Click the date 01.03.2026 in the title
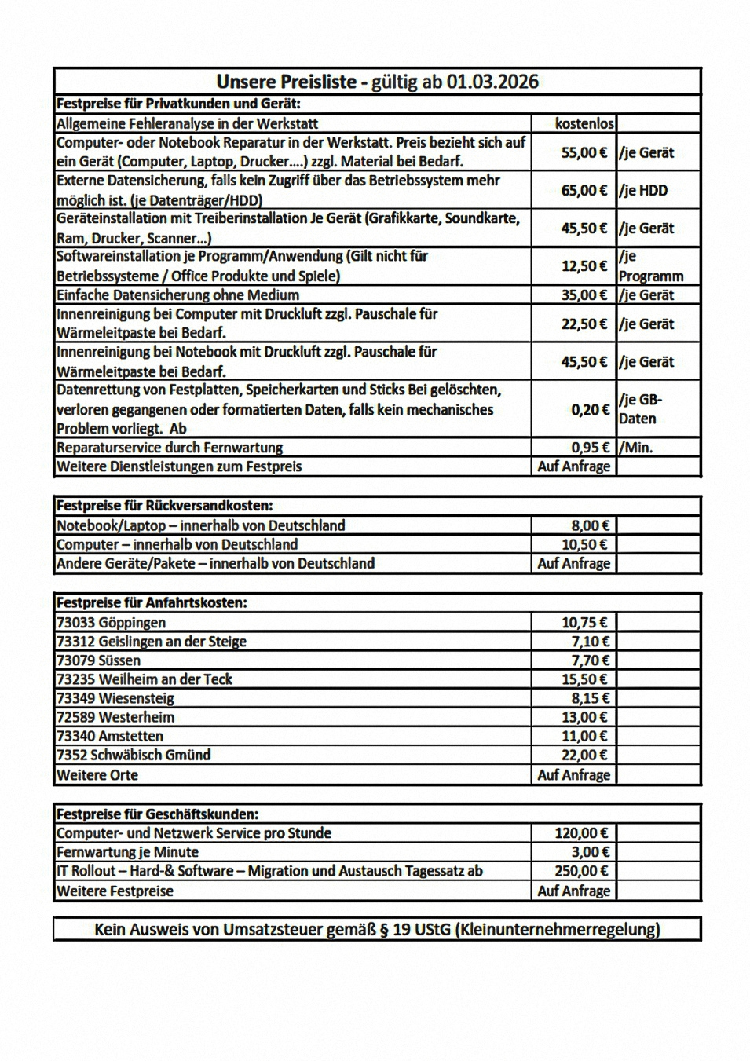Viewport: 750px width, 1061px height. point(492,82)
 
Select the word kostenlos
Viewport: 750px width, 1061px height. point(584,123)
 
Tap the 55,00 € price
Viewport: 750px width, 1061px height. point(584,152)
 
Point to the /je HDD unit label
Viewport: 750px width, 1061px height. point(644,190)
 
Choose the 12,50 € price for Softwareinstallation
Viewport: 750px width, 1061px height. point(584,266)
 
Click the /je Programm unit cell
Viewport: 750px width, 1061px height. point(650,266)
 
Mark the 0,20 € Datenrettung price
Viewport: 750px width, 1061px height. point(590,409)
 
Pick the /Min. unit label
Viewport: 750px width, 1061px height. point(636,448)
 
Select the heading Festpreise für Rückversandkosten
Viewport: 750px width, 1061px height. point(165,506)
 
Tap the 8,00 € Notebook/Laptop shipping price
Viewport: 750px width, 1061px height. point(590,525)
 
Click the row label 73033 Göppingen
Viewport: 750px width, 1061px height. point(112,623)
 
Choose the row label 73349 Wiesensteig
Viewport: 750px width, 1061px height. point(115,698)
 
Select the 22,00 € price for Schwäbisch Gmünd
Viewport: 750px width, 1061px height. point(584,755)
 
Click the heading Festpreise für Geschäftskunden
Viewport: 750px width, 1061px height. point(158,814)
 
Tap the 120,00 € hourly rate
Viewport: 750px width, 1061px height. point(581,833)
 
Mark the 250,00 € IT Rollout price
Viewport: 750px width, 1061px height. point(581,871)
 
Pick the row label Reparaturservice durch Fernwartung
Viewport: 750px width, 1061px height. point(170,448)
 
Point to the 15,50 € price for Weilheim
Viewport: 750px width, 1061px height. point(584,679)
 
